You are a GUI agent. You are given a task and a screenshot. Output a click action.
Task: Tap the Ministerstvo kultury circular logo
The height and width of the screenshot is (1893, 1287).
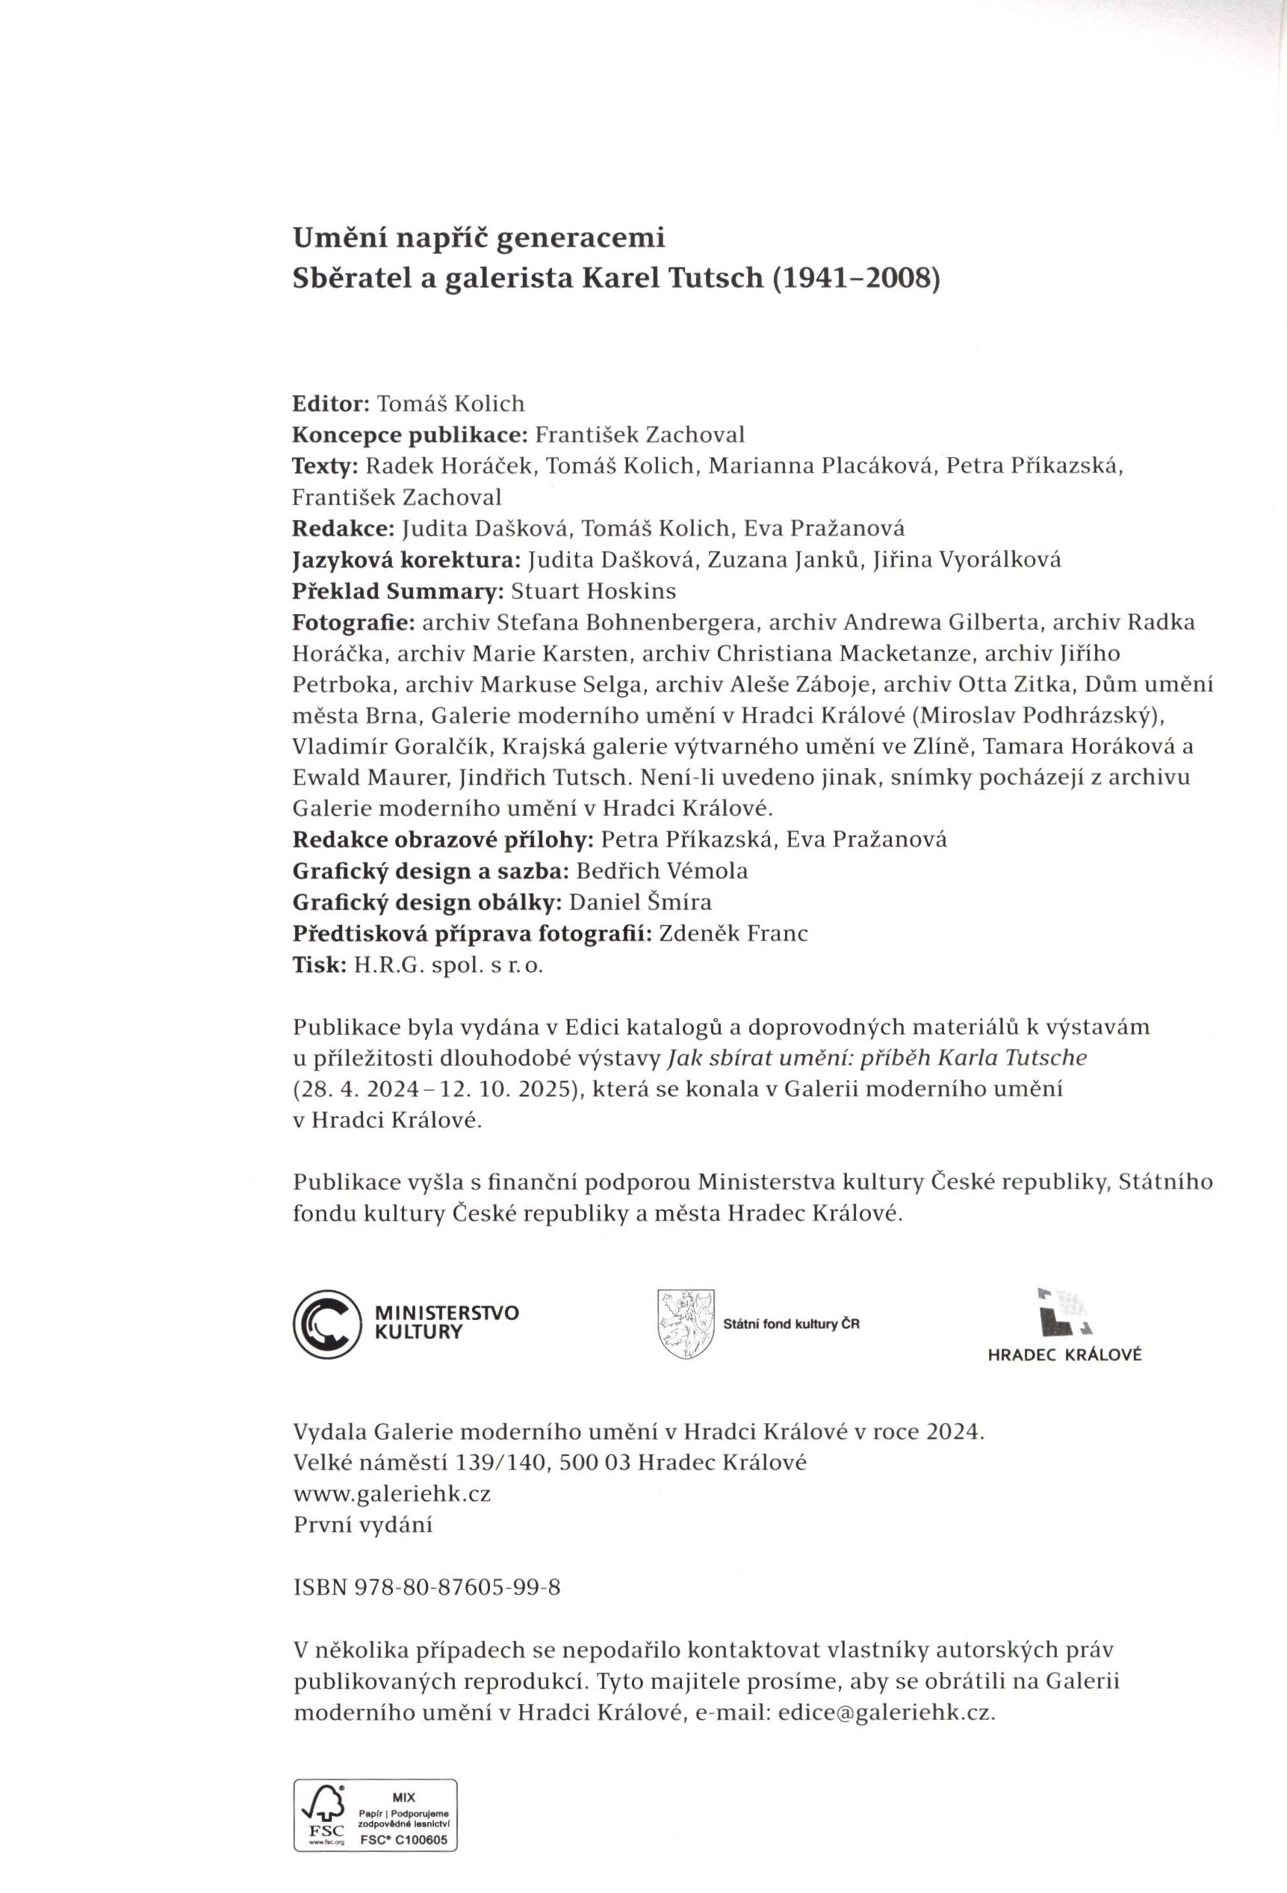(x=326, y=1324)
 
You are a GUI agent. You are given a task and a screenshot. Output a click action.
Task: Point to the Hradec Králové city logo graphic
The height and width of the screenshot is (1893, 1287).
(x=1064, y=1311)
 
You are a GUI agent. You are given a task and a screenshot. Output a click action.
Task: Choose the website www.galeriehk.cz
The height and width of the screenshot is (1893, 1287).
(x=392, y=1494)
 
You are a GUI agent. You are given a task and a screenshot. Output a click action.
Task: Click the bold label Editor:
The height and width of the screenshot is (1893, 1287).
(x=332, y=404)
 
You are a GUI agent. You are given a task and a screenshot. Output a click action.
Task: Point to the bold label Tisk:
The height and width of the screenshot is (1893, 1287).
(x=318, y=965)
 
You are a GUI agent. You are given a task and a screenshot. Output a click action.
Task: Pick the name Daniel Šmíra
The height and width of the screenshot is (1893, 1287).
(x=640, y=902)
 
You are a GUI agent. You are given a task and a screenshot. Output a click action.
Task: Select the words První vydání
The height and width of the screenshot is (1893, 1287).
(x=362, y=1525)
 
